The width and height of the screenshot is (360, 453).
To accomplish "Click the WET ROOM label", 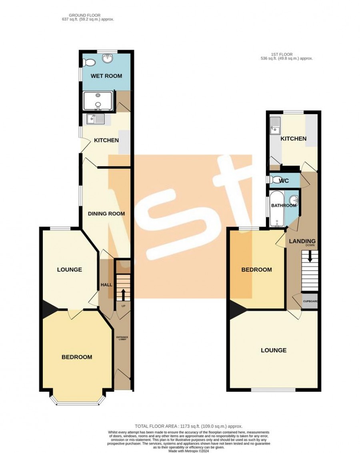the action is click(106, 76).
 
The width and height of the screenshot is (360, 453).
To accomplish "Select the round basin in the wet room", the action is click(107, 58).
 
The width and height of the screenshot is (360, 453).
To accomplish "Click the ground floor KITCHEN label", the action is click(106, 140).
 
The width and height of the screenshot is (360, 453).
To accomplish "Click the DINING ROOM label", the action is click(106, 214).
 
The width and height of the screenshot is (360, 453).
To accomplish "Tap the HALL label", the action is click(106, 285).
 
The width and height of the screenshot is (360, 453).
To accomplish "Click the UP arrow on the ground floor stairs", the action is click(123, 295).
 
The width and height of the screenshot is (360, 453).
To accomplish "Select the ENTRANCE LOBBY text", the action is click(122, 338).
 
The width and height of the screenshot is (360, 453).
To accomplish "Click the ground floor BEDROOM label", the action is click(77, 357).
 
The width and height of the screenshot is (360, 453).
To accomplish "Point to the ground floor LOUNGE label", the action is click(70, 270).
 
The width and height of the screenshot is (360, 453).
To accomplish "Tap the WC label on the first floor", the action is click(284, 181).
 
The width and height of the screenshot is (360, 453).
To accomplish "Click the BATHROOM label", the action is click(284, 205).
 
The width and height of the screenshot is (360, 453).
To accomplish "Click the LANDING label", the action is click(302, 241).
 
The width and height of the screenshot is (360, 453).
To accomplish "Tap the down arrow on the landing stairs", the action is click(310, 256).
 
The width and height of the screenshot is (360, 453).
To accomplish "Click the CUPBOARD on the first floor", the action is click(310, 301).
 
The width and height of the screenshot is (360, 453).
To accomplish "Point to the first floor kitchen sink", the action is click(275, 125).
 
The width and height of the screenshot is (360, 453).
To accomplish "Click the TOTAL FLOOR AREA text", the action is click(189, 426).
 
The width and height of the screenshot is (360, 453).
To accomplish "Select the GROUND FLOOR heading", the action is click(85, 15).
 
